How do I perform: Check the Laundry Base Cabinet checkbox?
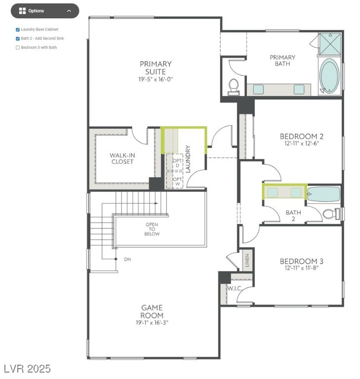pyautogui.click(x=18, y=30)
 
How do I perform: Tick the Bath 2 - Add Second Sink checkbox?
pyautogui.click(x=18, y=38)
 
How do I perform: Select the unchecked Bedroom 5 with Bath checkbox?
pyautogui.click(x=18, y=48)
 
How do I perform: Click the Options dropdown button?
pyautogui.click(x=45, y=11)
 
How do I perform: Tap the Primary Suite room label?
pyautogui.click(x=156, y=68)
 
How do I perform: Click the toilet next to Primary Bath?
pyautogui.click(x=234, y=87)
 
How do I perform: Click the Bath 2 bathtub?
pyautogui.click(x=324, y=194)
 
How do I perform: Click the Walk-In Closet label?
pyautogui.click(x=122, y=158)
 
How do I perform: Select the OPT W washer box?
pyautogui.click(x=177, y=181)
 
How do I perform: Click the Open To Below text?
pyautogui.click(x=152, y=229)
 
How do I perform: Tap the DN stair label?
pyautogui.click(x=127, y=259)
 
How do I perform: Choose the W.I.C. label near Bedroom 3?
pyautogui.click(x=234, y=288)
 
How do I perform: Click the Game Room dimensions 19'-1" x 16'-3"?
pyautogui.click(x=152, y=323)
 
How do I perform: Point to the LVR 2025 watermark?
pyautogui.click(x=27, y=369)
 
